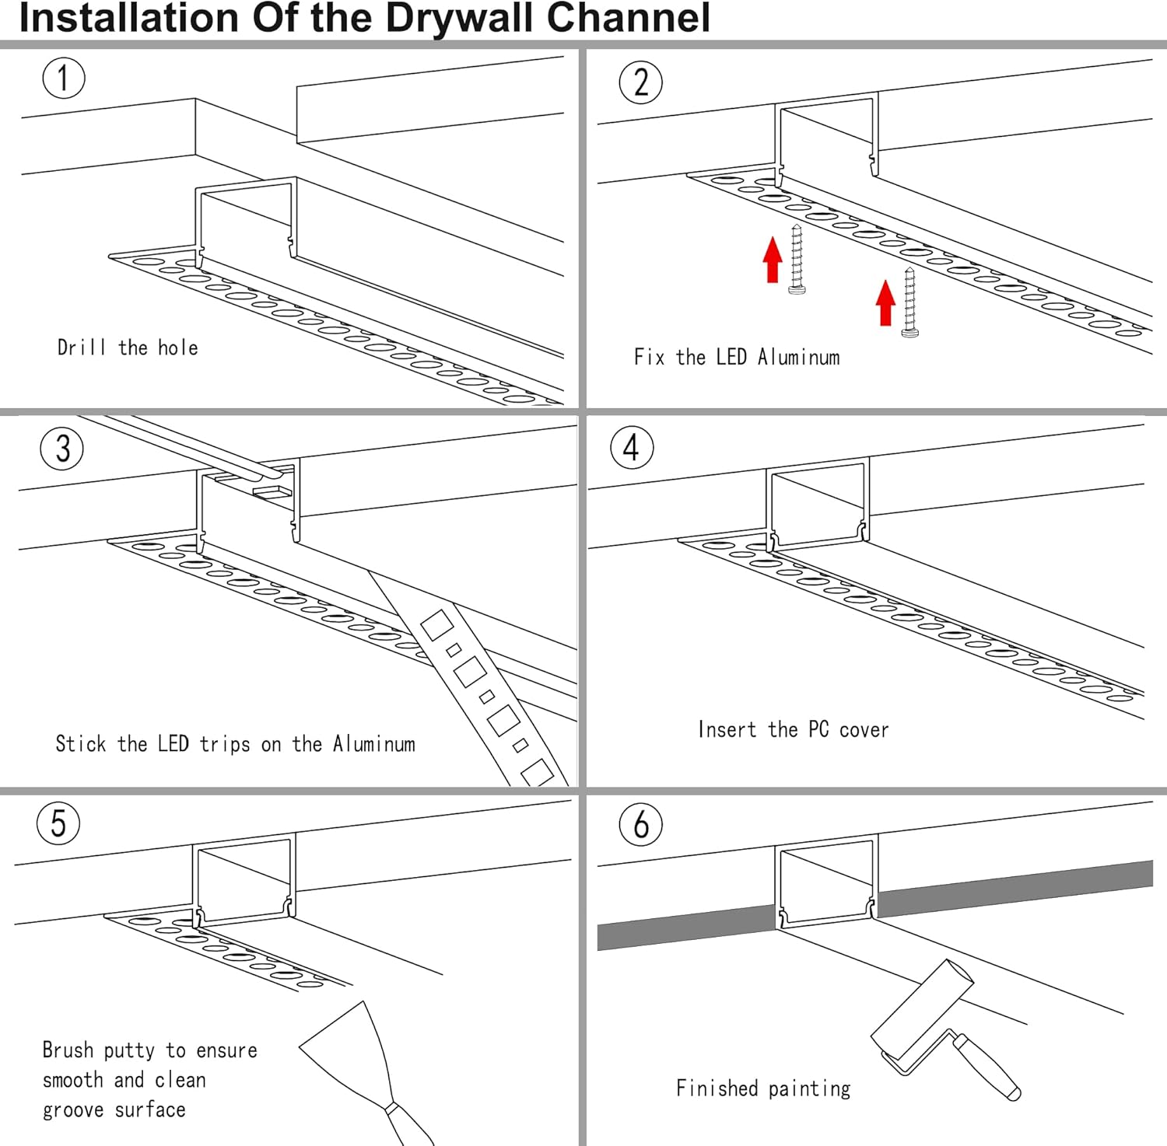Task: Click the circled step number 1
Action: pyautogui.click(x=63, y=78)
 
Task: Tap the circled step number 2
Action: pyautogui.click(x=640, y=82)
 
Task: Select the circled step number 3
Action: pyautogui.click(x=62, y=449)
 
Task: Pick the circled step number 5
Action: pyautogui.click(x=58, y=823)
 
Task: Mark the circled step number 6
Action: pyautogui.click(x=640, y=824)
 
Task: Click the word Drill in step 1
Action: pyautogui.click(x=81, y=347)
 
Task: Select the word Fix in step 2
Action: pyautogui.click(x=649, y=357)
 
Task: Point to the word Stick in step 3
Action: pyautogui.click(x=80, y=744)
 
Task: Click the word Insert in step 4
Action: pyautogui.click(x=727, y=729)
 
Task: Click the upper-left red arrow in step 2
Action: pyautogui.click(x=772, y=260)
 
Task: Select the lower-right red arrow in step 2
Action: pyautogui.click(x=885, y=302)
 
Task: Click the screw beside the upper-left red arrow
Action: pyautogui.click(x=797, y=260)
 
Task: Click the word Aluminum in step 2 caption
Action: pyautogui.click(x=799, y=357)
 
